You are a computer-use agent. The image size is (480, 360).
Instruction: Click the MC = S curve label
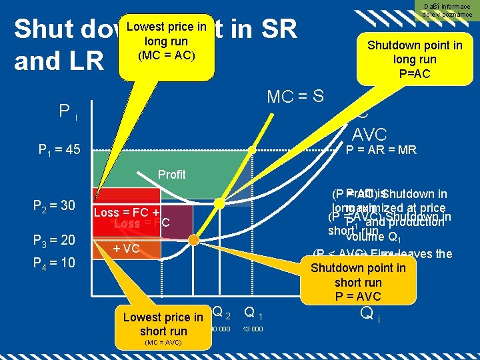tap(295, 97)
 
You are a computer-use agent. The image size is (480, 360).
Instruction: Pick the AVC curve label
tap(369, 133)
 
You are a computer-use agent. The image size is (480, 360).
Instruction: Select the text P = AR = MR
tap(381, 150)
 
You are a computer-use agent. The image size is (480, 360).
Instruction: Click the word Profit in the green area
tap(172, 175)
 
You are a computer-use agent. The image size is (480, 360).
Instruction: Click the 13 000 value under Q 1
tap(253, 329)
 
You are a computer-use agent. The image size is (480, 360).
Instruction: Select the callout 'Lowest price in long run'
tap(166, 40)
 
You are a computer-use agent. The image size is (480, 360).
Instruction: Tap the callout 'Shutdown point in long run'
tap(414, 59)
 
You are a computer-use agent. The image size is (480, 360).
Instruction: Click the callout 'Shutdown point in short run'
tap(358, 281)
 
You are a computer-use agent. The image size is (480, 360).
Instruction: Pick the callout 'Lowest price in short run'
tap(163, 324)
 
